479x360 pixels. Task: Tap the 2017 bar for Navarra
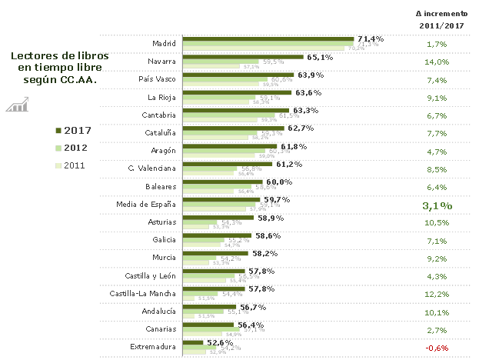pyautogui.click(x=246, y=57)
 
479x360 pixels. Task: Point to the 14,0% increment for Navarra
pyautogui.click(x=437, y=62)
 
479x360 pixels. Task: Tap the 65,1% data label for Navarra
pyautogui.click(x=320, y=57)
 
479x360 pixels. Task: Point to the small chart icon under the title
pyautogui.click(x=17, y=105)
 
